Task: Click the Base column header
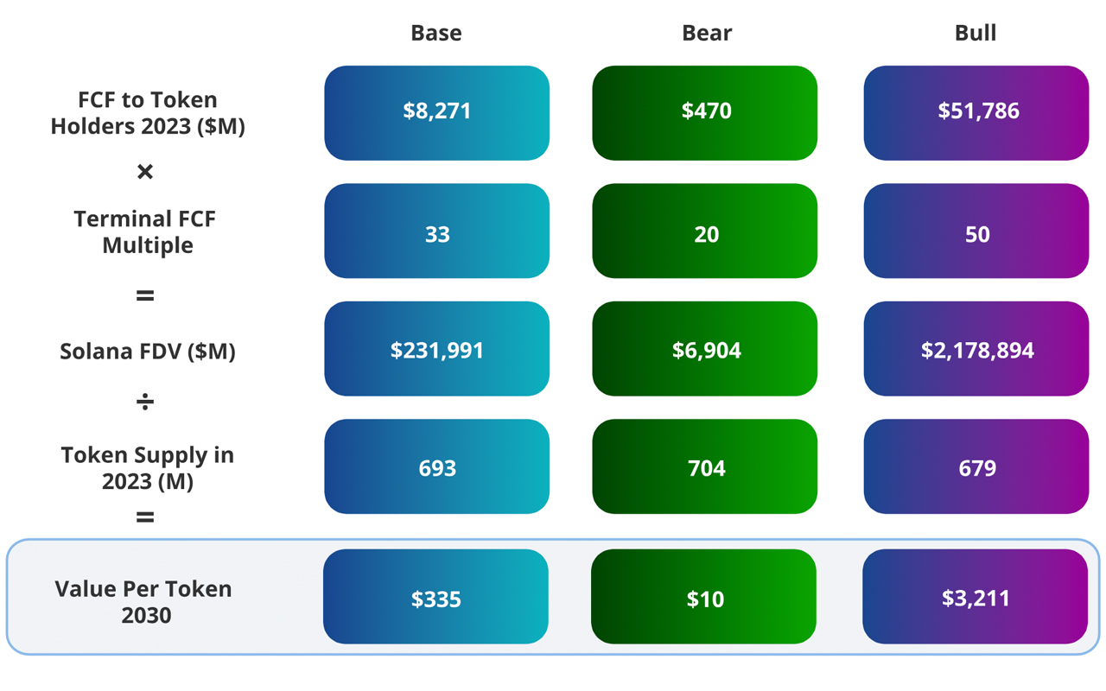point(436,33)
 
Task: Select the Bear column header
point(707,33)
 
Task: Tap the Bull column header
point(976,33)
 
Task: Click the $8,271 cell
point(437,112)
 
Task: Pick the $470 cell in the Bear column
point(705,112)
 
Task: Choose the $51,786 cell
point(976,112)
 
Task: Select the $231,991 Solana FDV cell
point(437,349)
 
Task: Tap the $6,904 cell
point(705,349)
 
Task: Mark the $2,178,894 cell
point(976,349)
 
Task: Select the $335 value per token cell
point(435,597)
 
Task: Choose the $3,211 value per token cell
point(975,597)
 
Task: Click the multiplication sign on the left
point(145,172)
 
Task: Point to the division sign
point(145,402)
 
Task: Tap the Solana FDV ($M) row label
point(148,352)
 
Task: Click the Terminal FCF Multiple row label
point(146,231)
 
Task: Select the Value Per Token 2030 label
point(144,602)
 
